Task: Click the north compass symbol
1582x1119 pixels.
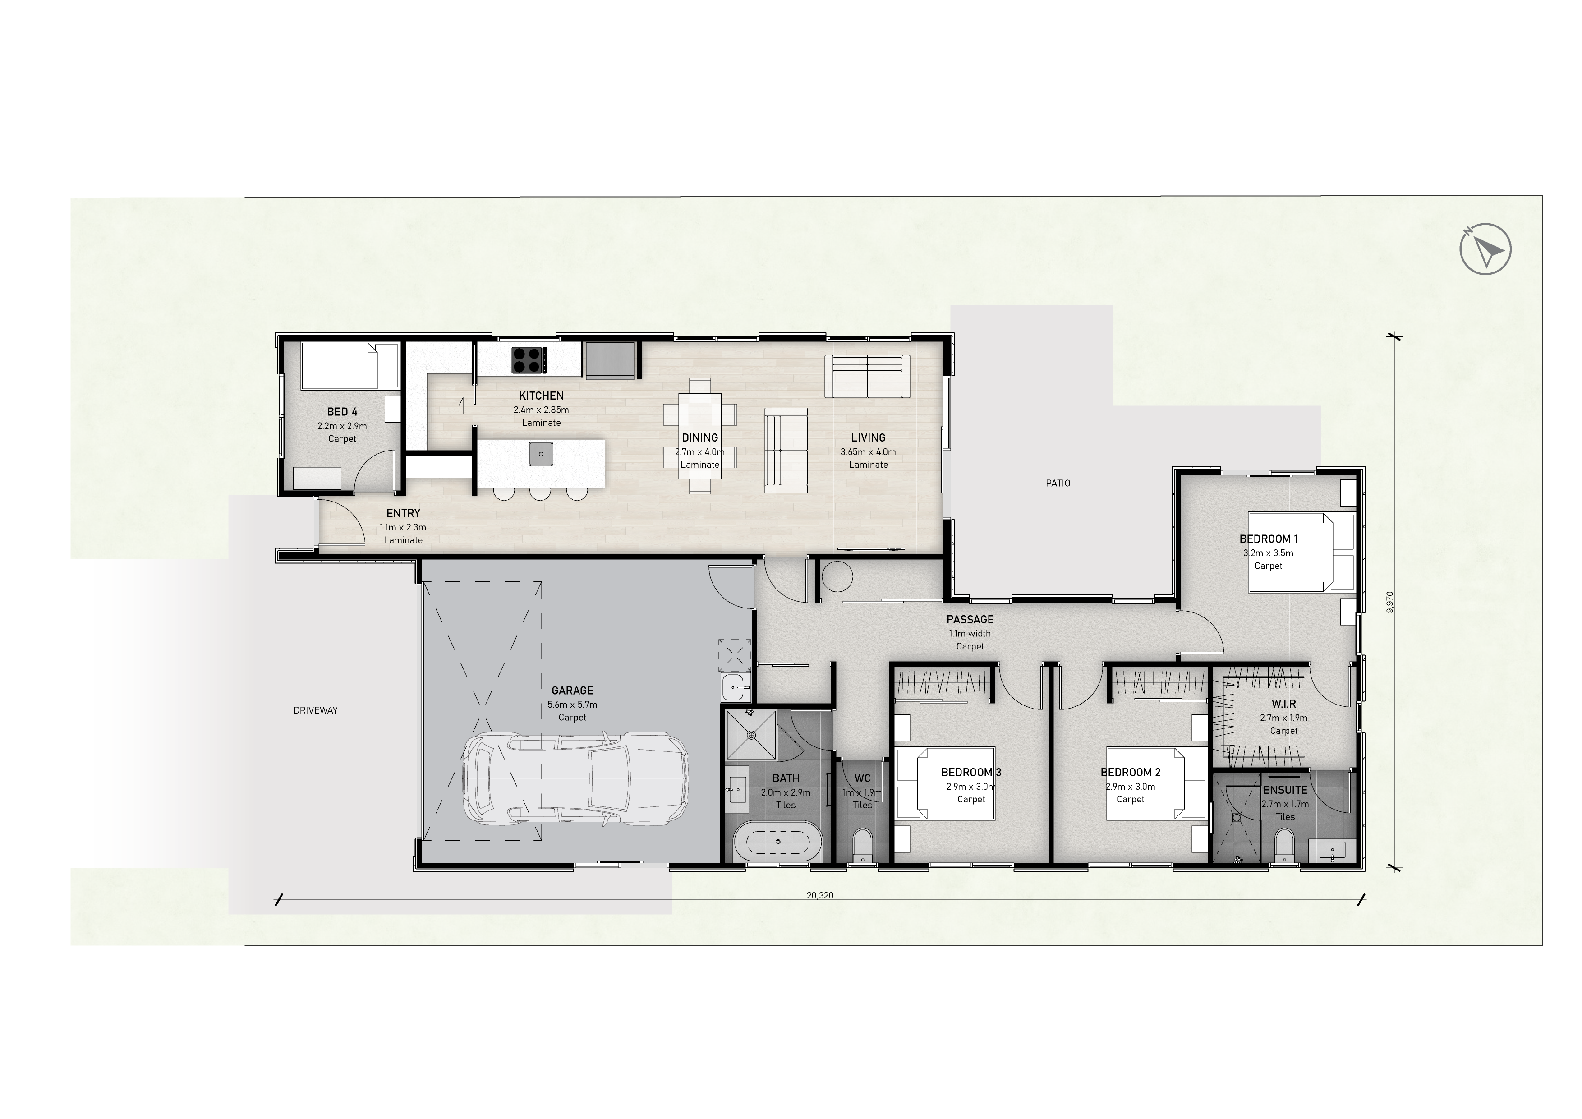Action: pos(1485,249)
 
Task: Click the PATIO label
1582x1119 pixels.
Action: pos(1058,484)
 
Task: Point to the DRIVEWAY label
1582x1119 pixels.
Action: pos(316,710)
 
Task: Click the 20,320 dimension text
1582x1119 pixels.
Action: pos(820,896)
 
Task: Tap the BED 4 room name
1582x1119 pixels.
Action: pos(342,412)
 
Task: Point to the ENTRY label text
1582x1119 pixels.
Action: pos(403,513)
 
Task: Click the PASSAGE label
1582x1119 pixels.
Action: pos(970,619)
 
